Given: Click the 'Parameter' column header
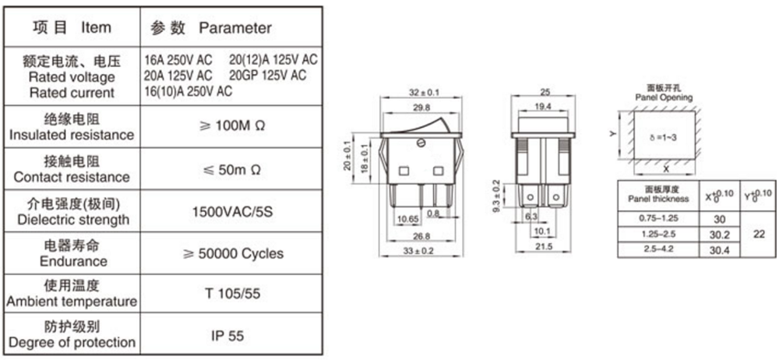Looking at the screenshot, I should (x=235, y=28).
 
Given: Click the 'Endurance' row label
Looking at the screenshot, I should (x=72, y=261).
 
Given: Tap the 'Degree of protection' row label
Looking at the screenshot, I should (x=72, y=343).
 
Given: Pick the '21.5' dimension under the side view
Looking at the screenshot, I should (x=543, y=246).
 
